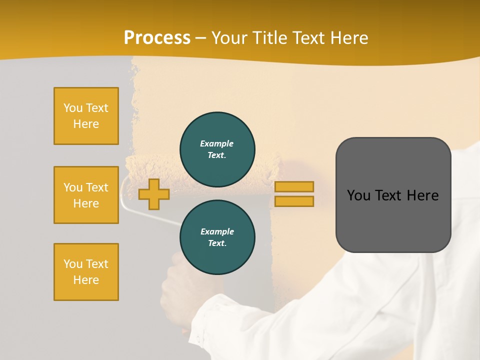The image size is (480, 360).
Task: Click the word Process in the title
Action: (x=157, y=38)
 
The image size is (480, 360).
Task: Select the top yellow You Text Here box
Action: (x=86, y=116)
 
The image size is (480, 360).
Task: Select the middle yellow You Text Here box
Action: (x=86, y=195)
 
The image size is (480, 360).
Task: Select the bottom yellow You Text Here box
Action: (x=86, y=271)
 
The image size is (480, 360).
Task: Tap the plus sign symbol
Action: (x=154, y=194)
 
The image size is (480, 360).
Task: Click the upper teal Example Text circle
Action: (x=217, y=149)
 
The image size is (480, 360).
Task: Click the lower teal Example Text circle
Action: (x=217, y=237)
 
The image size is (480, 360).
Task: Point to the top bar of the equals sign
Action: (x=294, y=186)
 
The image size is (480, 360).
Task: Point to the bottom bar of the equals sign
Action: (x=294, y=201)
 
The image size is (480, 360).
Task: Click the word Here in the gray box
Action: (x=422, y=195)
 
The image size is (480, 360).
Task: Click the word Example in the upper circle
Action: (x=217, y=143)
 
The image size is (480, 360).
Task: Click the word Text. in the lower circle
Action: (x=217, y=243)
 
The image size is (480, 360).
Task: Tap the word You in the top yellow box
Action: (x=73, y=108)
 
